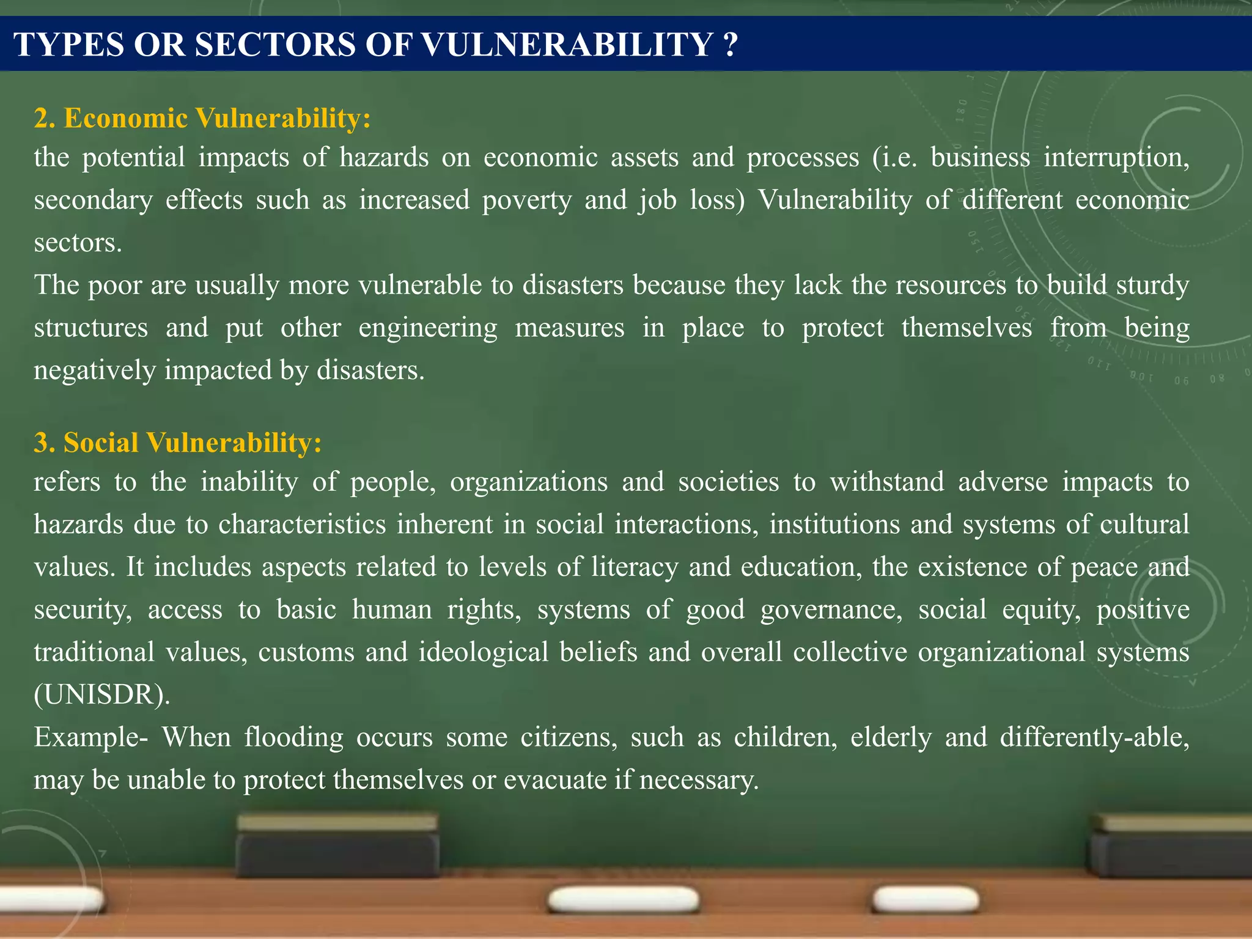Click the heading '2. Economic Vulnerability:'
[202, 118]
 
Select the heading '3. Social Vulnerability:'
[177, 443]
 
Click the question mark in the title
[729, 45]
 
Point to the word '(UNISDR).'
[102, 695]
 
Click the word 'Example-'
[90, 737]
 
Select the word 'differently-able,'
[1094, 737]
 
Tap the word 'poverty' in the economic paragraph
[526, 201]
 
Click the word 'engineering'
[428, 328]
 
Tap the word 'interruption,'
[1116, 158]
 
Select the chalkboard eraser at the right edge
[1171, 847]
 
